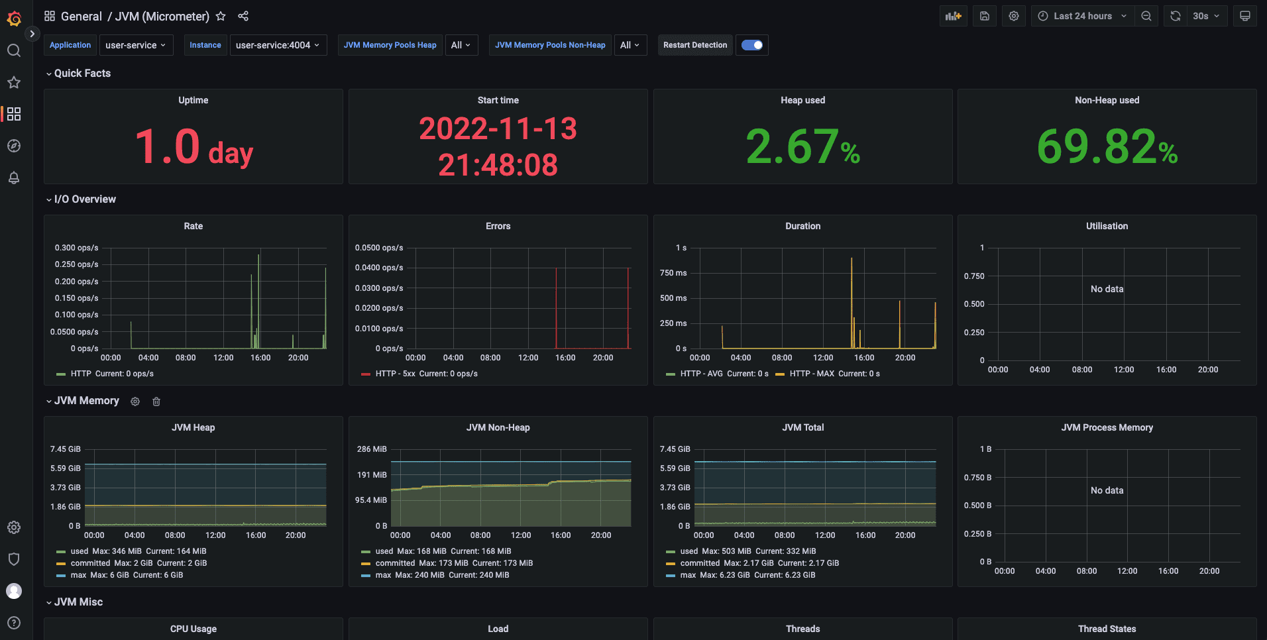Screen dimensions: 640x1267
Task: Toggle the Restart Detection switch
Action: (751, 45)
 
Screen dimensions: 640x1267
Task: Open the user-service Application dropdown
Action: (136, 45)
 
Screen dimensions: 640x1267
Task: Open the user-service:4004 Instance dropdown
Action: (278, 45)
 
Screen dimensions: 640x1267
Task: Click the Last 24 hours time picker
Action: (1081, 16)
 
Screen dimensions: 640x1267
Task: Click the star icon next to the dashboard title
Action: (221, 16)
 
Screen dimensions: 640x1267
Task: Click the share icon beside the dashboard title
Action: (243, 16)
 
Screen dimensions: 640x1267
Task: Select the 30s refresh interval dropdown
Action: (1206, 16)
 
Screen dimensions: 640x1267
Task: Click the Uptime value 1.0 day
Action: (193, 146)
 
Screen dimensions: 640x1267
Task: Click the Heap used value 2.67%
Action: (802, 146)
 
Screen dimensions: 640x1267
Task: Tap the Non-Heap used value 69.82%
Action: (1107, 146)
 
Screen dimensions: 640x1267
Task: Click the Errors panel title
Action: (498, 226)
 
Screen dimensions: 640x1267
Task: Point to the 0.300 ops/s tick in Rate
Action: (77, 248)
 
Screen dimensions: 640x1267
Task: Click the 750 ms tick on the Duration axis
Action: (673, 273)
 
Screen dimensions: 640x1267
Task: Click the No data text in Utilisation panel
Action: (1107, 289)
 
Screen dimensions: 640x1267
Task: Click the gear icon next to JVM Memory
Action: (135, 401)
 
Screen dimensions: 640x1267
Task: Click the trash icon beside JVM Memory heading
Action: (156, 401)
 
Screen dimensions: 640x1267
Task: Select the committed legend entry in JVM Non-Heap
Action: (395, 563)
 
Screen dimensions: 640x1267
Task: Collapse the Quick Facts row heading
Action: (82, 74)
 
